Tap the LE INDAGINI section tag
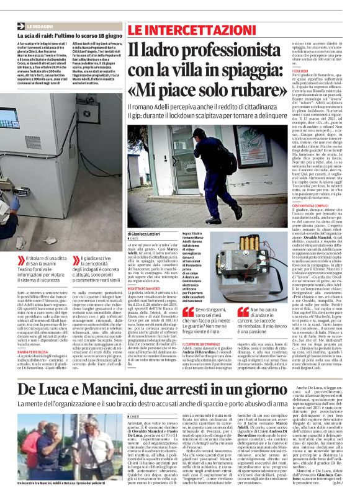39,27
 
